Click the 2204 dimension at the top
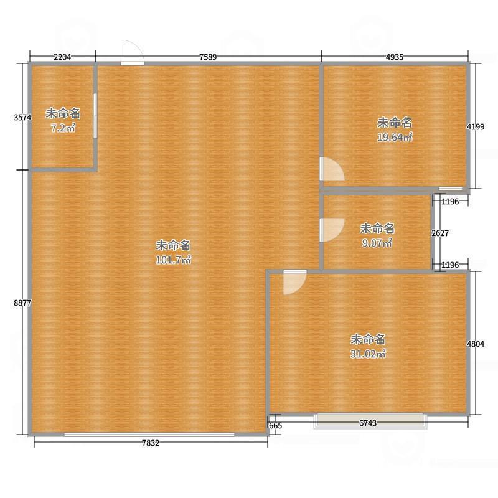[62, 57]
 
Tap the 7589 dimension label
[208, 57]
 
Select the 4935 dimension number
[395, 57]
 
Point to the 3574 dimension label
[22, 118]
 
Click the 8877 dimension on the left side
[22, 303]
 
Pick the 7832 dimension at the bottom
[151, 443]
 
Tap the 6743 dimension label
[368, 423]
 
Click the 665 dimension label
[275, 426]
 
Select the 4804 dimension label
[476, 344]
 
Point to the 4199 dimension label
[476, 127]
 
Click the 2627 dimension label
[440, 233]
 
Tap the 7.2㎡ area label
[63, 128]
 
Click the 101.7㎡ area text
[174, 260]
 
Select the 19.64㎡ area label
[395, 137]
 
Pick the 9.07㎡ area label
[377, 243]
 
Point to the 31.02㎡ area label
[368, 354]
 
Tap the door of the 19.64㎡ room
[332, 169]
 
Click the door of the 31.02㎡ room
[294, 283]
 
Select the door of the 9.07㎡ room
[332, 230]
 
